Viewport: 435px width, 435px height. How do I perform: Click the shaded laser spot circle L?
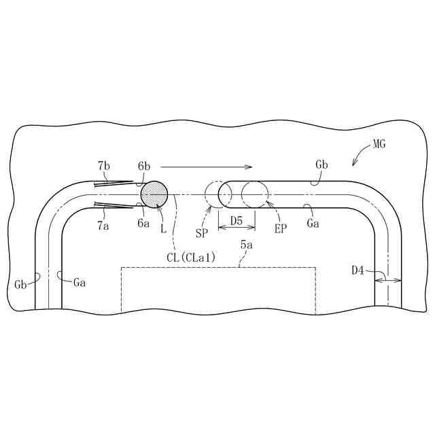click(x=154, y=195)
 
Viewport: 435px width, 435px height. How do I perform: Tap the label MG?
click(x=379, y=145)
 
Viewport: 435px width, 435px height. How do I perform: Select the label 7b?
click(x=104, y=165)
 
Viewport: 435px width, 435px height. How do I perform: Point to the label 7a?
click(x=103, y=226)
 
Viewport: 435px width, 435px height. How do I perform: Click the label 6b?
click(x=143, y=166)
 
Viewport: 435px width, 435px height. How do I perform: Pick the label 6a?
click(x=143, y=222)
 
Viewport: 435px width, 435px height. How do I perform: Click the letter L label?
click(x=164, y=229)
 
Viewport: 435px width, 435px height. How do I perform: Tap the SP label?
click(x=202, y=233)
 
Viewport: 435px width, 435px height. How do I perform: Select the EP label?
click(x=281, y=229)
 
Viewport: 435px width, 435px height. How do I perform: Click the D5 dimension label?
click(x=237, y=220)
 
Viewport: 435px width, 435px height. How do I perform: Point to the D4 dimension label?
click(x=358, y=271)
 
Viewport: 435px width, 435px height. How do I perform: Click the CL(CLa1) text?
click(x=191, y=256)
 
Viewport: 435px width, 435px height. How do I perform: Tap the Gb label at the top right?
click(x=321, y=165)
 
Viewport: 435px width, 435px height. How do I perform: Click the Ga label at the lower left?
click(x=80, y=282)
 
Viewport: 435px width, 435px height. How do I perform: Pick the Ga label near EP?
click(x=313, y=224)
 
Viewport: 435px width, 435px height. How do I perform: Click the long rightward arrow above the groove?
click(x=207, y=166)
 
